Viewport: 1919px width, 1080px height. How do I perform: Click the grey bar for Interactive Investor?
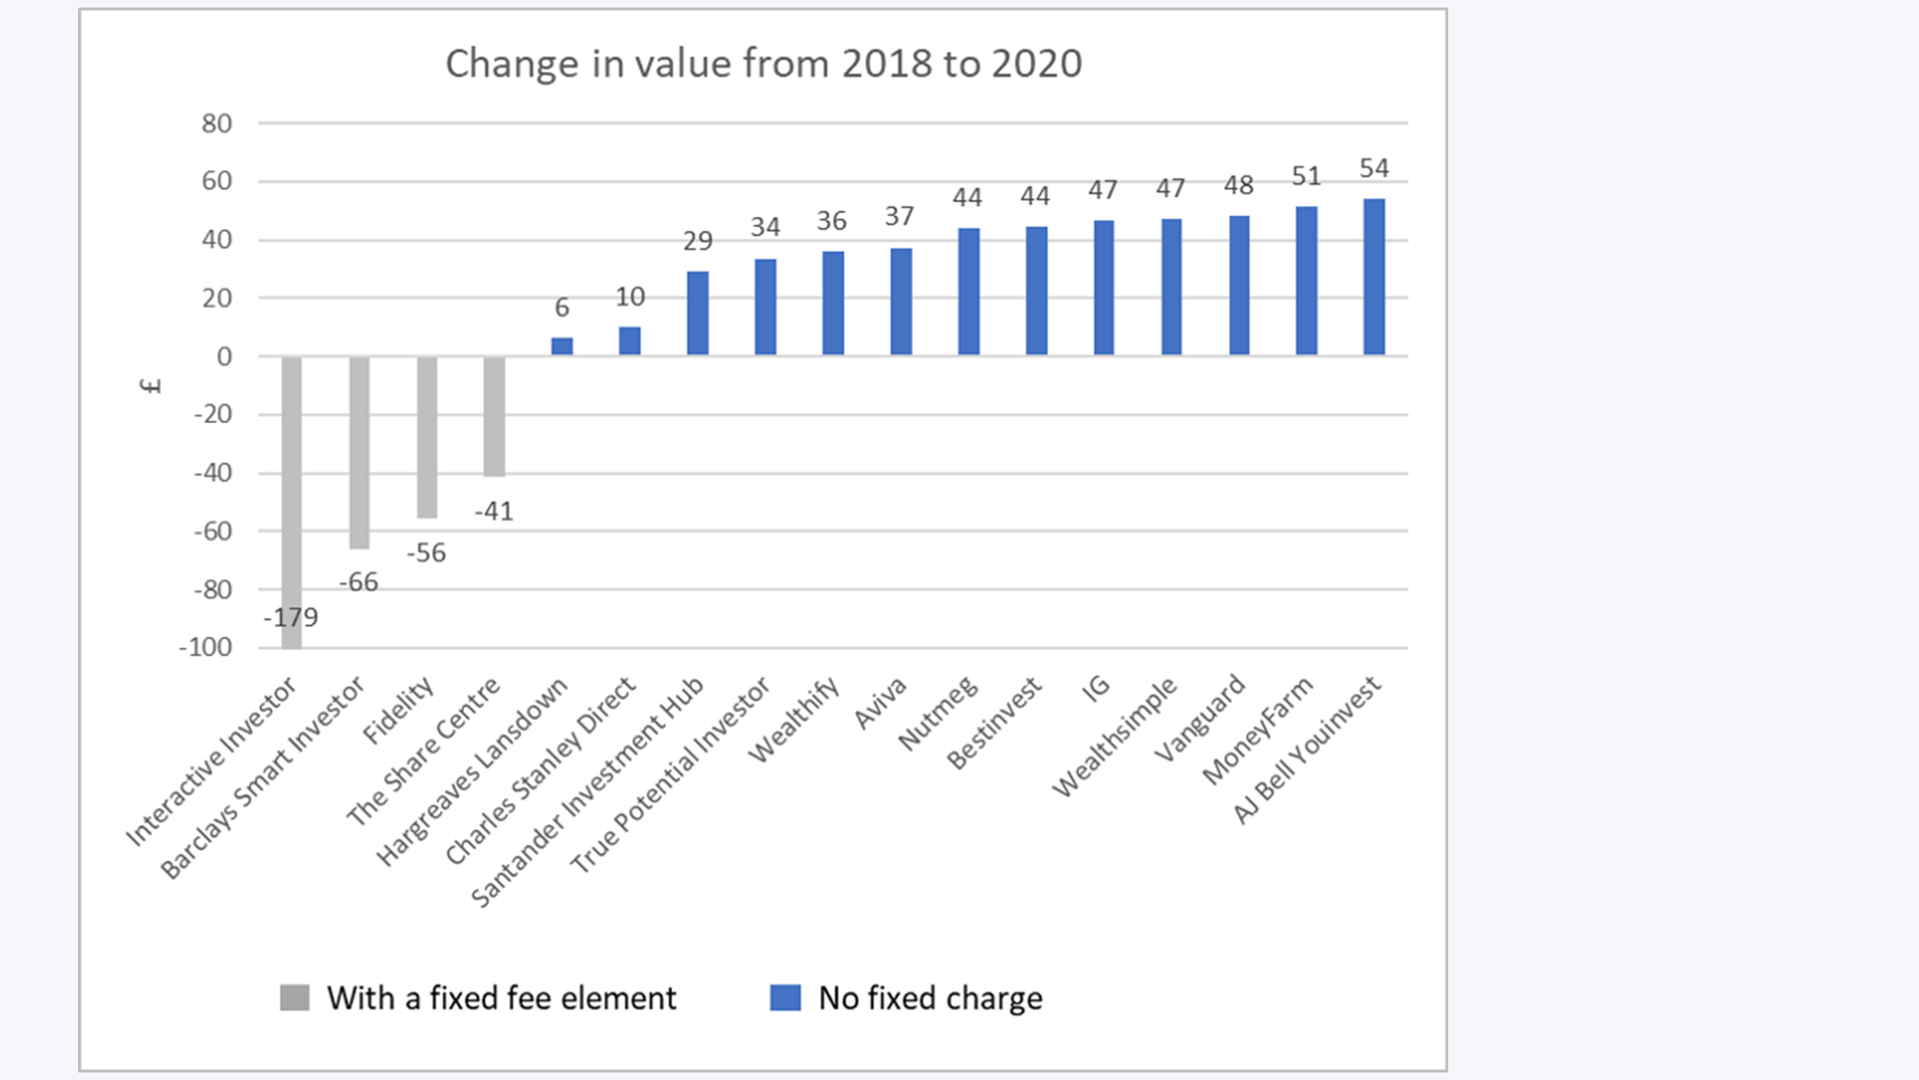[292, 502]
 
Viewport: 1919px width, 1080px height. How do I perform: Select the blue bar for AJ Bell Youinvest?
[1374, 277]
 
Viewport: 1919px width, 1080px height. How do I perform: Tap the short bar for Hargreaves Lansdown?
[562, 346]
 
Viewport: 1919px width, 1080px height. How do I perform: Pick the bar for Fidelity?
[427, 437]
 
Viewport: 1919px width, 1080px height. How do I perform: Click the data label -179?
[291, 617]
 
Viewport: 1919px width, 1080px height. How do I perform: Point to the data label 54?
[1374, 168]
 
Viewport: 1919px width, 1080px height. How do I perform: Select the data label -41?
[494, 511]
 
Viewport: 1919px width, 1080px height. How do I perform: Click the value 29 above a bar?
[697, 241]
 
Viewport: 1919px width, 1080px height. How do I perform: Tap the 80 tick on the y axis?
[217, 124]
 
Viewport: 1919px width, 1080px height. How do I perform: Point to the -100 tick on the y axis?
[205, 647]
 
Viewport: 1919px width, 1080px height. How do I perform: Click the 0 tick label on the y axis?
[224, 357]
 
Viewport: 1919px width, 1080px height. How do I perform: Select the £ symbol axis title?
[151, 385]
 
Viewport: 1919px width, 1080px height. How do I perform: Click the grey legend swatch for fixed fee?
[295, 998]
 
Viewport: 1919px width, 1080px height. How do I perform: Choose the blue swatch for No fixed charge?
[786, 998]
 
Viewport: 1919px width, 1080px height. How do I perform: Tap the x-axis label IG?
[1095, 688]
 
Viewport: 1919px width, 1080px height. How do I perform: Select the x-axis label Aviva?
[880, 703]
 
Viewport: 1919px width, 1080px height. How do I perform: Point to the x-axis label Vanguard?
[1199, 718]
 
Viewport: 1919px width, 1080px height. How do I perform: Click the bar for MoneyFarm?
[1307, 280]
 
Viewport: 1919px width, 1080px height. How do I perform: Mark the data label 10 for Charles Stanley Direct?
[630, 297]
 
